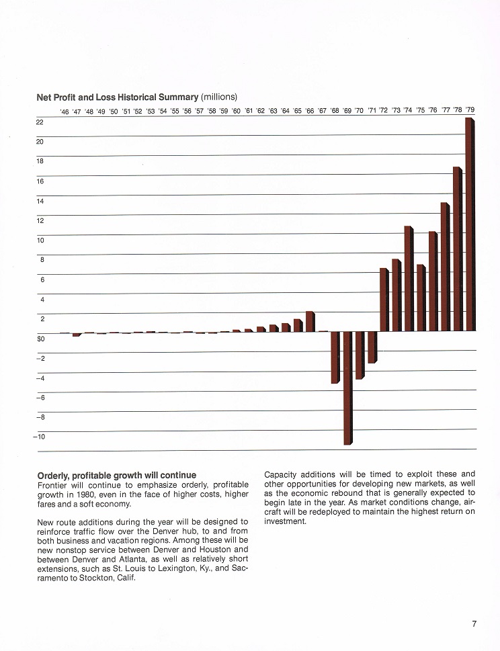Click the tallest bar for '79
pyautogui.click(x=469, y=224)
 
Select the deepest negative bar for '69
pyautogui.click(x=347, y=388)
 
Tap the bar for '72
pyautogui.click(x=384, y=300)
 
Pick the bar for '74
pyautogui.click(x=408, y=279)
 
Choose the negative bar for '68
pyautogui.click(x=335, y=357)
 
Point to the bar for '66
pyautogui.click(x=309, y=321)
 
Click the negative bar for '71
pyautogui.click(x=371, y=347)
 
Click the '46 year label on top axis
pyautogui.click(x=65, y=112)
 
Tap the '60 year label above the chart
pyautogui.click(x=236, y=111)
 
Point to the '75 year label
pyautogui.click(x=420, y=110)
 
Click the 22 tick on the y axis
pyautogui.click(x=40, y=122)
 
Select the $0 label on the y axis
pyautogui.click(x=40, y=339)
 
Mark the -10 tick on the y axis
pyautogui.click(x=38, y=437)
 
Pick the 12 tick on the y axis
pyautogui.click(x=40, y=220)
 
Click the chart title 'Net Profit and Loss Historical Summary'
pyautogui.click(x=118, y=97)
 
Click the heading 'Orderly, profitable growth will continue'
pyautogui.click(x=117, y=476)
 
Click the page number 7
pyautogui.click(x=474, y=624)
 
